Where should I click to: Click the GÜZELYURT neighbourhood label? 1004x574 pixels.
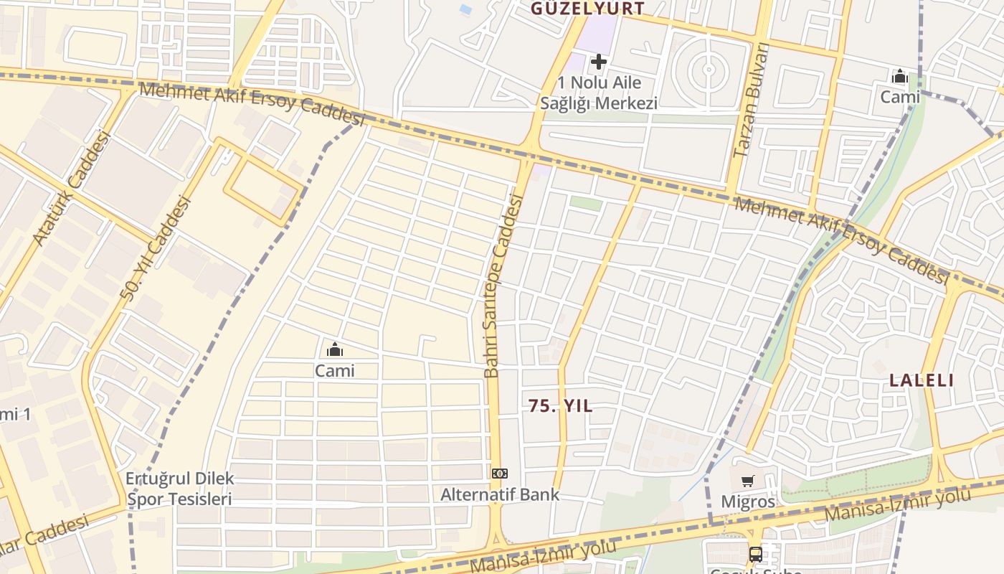(x=587, y=9)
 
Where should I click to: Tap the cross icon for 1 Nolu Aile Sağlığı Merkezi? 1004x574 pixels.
(x=598, y=62)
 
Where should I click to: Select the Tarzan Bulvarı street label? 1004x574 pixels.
(x=750, y=100)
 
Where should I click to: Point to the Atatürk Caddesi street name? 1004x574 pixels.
(x=72, y=188)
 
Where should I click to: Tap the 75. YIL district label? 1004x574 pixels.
(x=561, y=406)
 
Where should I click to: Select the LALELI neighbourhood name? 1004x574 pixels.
(x=922, y=380)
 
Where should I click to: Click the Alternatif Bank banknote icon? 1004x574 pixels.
(x=500, y=474)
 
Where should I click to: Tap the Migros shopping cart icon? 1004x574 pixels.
(x=748, y=481)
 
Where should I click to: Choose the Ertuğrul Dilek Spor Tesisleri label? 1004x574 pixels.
(x=179, y=489)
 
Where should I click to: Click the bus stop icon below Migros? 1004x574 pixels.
(x=756, y=554)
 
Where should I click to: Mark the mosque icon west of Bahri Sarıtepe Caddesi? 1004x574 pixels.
(x=334, y=350)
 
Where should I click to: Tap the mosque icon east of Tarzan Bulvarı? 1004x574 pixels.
(x=899, y=76)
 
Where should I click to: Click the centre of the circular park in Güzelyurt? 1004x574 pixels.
(x=709, y=70)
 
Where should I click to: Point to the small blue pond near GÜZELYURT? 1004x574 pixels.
(x=466, y=10)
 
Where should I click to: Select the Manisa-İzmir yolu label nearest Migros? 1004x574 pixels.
(x=896, y=504)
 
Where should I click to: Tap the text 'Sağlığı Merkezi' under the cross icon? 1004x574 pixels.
(x=598, y=103)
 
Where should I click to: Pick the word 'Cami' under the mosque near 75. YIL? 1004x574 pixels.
(x=334, y=371)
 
